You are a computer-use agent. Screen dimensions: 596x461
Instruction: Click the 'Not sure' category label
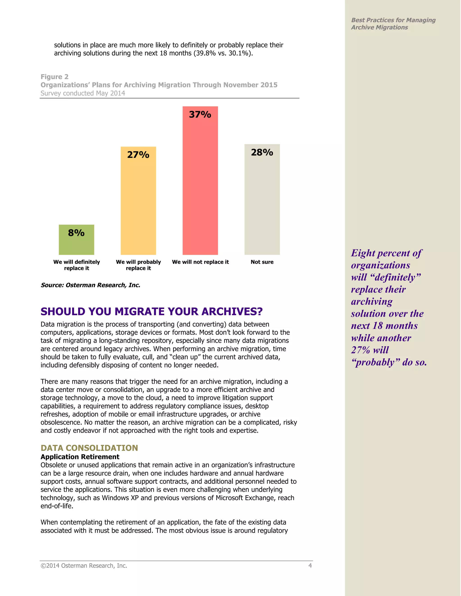click(x=262, y=262)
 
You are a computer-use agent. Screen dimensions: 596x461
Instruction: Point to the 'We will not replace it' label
click(x=200, y=262)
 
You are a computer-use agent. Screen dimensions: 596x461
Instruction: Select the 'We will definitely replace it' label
click(x=77, y=265)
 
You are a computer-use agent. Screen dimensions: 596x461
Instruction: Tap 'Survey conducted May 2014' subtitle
click(x=83, y=93)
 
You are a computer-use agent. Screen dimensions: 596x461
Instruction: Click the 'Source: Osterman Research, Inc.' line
click(x=90, y=285)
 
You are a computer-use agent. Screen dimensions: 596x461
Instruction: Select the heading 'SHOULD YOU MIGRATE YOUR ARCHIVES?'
click(x=151, y=311)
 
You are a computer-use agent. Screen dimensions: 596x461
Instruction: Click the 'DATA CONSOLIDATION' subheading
click(x=89, y=448)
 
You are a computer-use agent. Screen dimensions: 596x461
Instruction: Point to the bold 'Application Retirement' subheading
click(x=80, y=457)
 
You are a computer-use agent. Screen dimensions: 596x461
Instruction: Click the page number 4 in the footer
click(x=310, y=566)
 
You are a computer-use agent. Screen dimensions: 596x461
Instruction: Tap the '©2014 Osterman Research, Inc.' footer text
click(x=84, y=566)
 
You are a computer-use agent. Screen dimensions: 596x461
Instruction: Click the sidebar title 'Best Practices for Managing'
click(x=393, y=20)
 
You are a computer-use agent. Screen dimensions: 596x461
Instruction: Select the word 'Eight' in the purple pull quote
click(x=363, y=253)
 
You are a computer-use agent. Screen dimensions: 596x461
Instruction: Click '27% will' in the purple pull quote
click(x=370, y=350)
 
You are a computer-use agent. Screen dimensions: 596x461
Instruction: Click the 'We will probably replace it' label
click(x=138, y=265)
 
